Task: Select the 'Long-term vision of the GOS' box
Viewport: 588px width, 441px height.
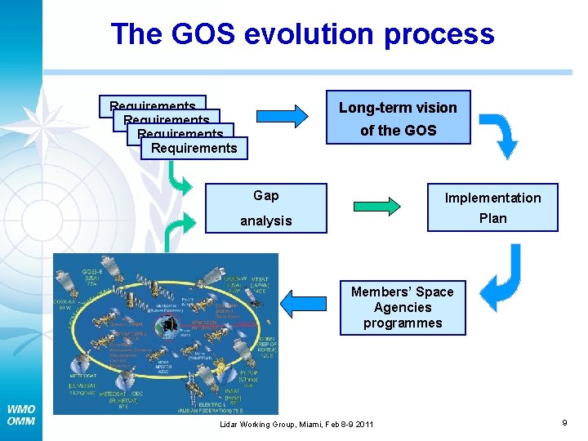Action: coord(399,118)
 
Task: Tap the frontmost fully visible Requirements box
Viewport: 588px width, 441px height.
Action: coord(194,148)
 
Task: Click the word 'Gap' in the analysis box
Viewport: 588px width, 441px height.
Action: coord(266,195)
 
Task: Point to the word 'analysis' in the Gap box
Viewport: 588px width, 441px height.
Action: coord(266,220)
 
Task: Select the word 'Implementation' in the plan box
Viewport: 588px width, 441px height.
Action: coord(492,198)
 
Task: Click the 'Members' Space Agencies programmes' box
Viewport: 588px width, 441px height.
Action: coord(403,307)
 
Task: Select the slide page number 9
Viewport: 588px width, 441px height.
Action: coord(564,422)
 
